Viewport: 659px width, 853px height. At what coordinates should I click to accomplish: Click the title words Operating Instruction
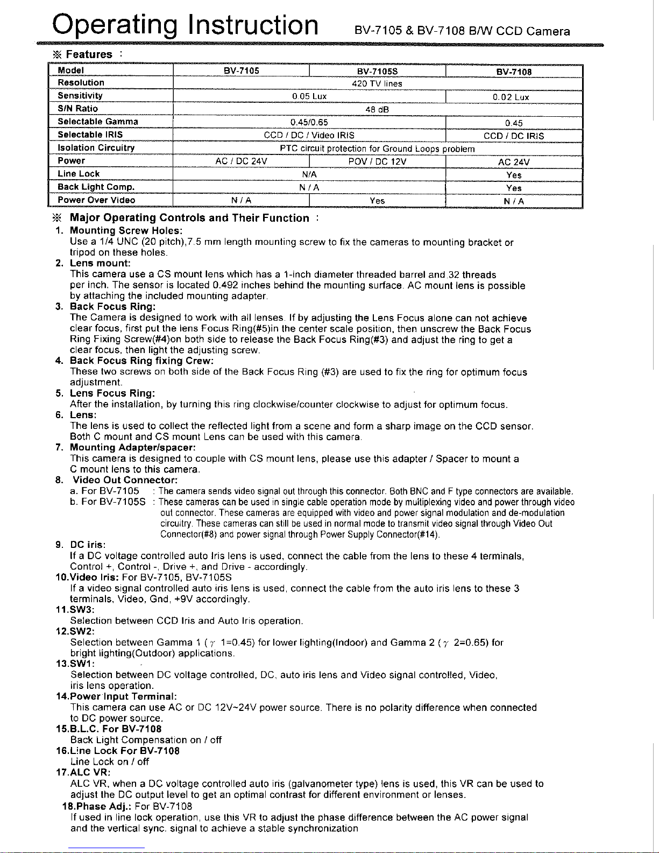click(x=185, y=26)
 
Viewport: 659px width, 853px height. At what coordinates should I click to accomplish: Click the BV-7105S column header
click(x=377, y=71)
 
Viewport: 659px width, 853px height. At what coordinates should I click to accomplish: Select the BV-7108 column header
click(x=514, y=72)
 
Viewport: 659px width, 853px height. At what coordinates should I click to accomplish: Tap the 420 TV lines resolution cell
click(x=377, y=84)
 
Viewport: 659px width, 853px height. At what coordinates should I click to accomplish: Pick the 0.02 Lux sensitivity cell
click(x=511, y=97)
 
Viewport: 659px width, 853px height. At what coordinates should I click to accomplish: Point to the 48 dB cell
click(x=377, y=110)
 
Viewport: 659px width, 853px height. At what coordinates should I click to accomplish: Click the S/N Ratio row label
click(x=78, y=109)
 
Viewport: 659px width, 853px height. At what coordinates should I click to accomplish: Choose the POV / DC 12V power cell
click(x=377, y=161)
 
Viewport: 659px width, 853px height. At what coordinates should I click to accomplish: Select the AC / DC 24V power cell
click(x=241, y=161)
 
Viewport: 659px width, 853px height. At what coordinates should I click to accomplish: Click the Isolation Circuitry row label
click(x=96, y=147)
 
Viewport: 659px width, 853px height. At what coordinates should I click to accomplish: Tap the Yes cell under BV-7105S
click(x=377, y=201)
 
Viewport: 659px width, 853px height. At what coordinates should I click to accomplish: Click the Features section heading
click(x=89, y=54)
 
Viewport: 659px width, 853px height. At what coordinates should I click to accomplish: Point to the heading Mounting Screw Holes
click(x=126, y=231)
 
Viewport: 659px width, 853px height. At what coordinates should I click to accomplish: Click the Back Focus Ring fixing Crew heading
click(x=141, y=361)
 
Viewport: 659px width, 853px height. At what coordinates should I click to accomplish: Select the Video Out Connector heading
click(x=125, y=480)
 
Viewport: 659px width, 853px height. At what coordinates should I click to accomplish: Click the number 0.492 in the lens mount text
click(x=224, y=285)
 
